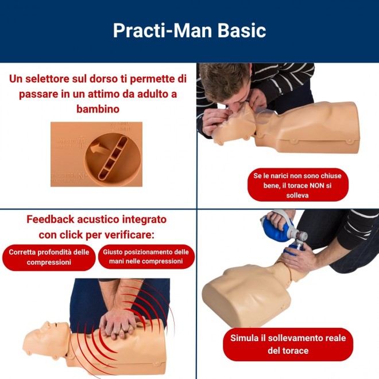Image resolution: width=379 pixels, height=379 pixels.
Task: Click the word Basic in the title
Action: [242, 30]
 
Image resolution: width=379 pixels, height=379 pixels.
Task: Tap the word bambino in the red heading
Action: [98, 109]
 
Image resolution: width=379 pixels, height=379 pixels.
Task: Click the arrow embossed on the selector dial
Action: [99, 148]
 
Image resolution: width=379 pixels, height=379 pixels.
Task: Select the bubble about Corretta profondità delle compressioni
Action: [49, 257]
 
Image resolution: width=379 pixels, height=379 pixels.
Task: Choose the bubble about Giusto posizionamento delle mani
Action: [146, 257]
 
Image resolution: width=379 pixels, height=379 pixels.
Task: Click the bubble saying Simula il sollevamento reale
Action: [288, 344]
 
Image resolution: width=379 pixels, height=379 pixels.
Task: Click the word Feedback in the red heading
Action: [51, 219]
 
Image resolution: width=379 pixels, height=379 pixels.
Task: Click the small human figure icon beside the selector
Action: [82, 142]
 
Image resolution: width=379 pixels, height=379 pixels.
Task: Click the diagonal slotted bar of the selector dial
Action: [113, 158]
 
